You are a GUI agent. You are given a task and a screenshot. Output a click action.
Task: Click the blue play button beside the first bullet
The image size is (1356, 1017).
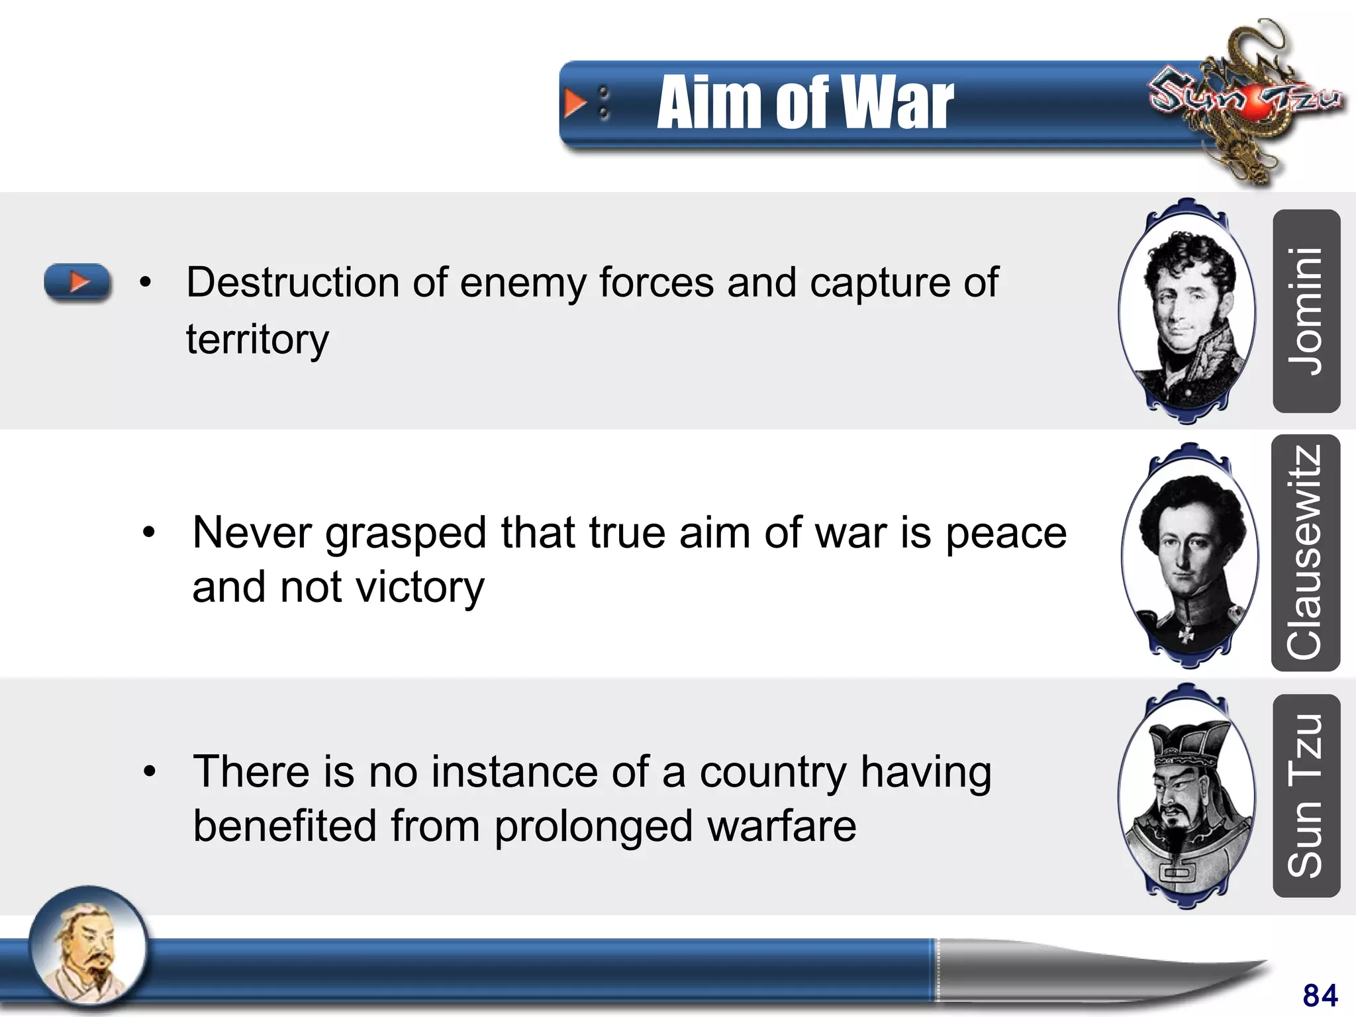pos(77,282)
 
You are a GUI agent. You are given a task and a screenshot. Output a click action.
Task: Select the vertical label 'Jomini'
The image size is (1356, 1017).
pos(1306,311)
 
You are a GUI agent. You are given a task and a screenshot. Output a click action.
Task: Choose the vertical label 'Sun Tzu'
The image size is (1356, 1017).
pos(1306,795)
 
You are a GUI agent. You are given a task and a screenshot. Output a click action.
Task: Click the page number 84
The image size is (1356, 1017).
pos(1320,995)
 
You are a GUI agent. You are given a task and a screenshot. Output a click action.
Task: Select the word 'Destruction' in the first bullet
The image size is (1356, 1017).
pos(292,283)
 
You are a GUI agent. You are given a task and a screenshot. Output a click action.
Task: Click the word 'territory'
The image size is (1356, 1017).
pos(257,339)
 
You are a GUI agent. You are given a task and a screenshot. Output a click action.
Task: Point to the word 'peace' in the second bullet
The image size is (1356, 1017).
pos(1006,533)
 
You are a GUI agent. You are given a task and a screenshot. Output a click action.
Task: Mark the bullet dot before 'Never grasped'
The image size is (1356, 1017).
pos(149,532)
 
